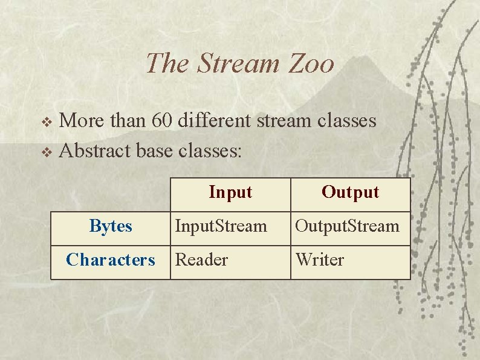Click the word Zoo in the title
click(311, 64)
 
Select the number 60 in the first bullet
click(163, 120)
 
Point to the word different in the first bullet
click(215, 120)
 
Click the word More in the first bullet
click(82, 120)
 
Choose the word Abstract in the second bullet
click(96, 150)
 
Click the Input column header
click(230, 192)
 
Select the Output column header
click(350, 192)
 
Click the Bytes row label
click(111, 226)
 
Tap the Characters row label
click(111, 260)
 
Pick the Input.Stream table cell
click(221, 226)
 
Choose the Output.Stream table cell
click(347, 226)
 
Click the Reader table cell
click(201, 260)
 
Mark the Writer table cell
click(319, 260)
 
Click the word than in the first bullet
click(127, 120)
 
